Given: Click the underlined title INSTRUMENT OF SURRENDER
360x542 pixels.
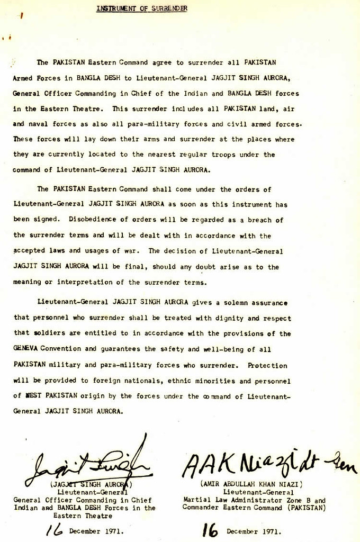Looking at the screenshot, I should click(x=141, y=8).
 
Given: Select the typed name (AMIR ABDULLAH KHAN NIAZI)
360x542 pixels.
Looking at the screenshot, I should click(x=251, y=484).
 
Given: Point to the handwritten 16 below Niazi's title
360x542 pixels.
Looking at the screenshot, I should click(x=210, y=530).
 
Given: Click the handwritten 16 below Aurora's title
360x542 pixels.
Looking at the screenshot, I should click(x=55, y=530).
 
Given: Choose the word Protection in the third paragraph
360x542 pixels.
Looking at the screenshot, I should click(x=267, y=365).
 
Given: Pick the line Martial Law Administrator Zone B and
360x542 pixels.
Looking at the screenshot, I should click(x=254, y=500).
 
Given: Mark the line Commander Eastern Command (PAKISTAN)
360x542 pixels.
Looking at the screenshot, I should click(x=254, y=507).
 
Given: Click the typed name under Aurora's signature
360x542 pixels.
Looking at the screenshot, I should click(x=91, y=484).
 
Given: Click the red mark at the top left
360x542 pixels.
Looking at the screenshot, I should click(x=21, y=16).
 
